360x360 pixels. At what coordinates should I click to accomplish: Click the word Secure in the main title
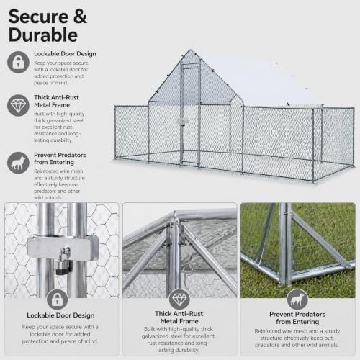pos(38,17)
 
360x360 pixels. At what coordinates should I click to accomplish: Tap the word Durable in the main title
pos(43,35)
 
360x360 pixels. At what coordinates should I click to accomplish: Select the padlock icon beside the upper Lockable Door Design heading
pos(18,62)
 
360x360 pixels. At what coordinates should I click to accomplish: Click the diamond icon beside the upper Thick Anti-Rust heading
pos(18,105)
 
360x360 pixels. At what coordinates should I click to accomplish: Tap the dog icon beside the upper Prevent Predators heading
pos(18,163)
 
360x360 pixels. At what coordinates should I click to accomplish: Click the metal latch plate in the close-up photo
pos(63,248)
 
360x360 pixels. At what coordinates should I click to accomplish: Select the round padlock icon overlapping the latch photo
pos(58,300)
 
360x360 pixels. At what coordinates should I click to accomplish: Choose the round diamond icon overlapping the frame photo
pos(179,300)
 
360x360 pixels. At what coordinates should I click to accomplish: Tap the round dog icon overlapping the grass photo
pos(297,300)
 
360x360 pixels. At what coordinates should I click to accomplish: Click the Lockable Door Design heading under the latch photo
pos(60,315)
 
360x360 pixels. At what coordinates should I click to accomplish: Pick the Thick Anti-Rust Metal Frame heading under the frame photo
pos(179,318)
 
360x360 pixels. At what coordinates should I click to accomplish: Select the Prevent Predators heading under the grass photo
pos(297,318)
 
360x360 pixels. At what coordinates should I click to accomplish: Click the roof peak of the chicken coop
pos(191,50)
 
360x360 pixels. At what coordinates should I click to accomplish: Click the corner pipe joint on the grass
pos(286,279)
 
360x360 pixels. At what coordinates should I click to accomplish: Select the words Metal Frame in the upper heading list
pos(52,105)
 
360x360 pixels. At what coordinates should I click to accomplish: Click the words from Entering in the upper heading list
pos(54,162)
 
